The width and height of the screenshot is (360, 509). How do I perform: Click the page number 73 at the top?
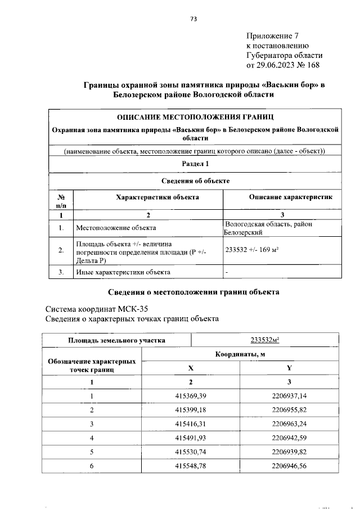(193, 19)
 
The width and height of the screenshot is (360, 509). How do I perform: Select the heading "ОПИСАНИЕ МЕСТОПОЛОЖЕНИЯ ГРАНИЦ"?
(195, 117)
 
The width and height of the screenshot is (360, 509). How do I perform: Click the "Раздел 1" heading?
(195, 164)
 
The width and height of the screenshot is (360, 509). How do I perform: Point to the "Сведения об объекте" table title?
(195, 181)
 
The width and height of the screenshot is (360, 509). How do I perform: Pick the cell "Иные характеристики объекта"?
(123, 272)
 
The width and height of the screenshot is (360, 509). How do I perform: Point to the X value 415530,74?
(191, 451)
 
